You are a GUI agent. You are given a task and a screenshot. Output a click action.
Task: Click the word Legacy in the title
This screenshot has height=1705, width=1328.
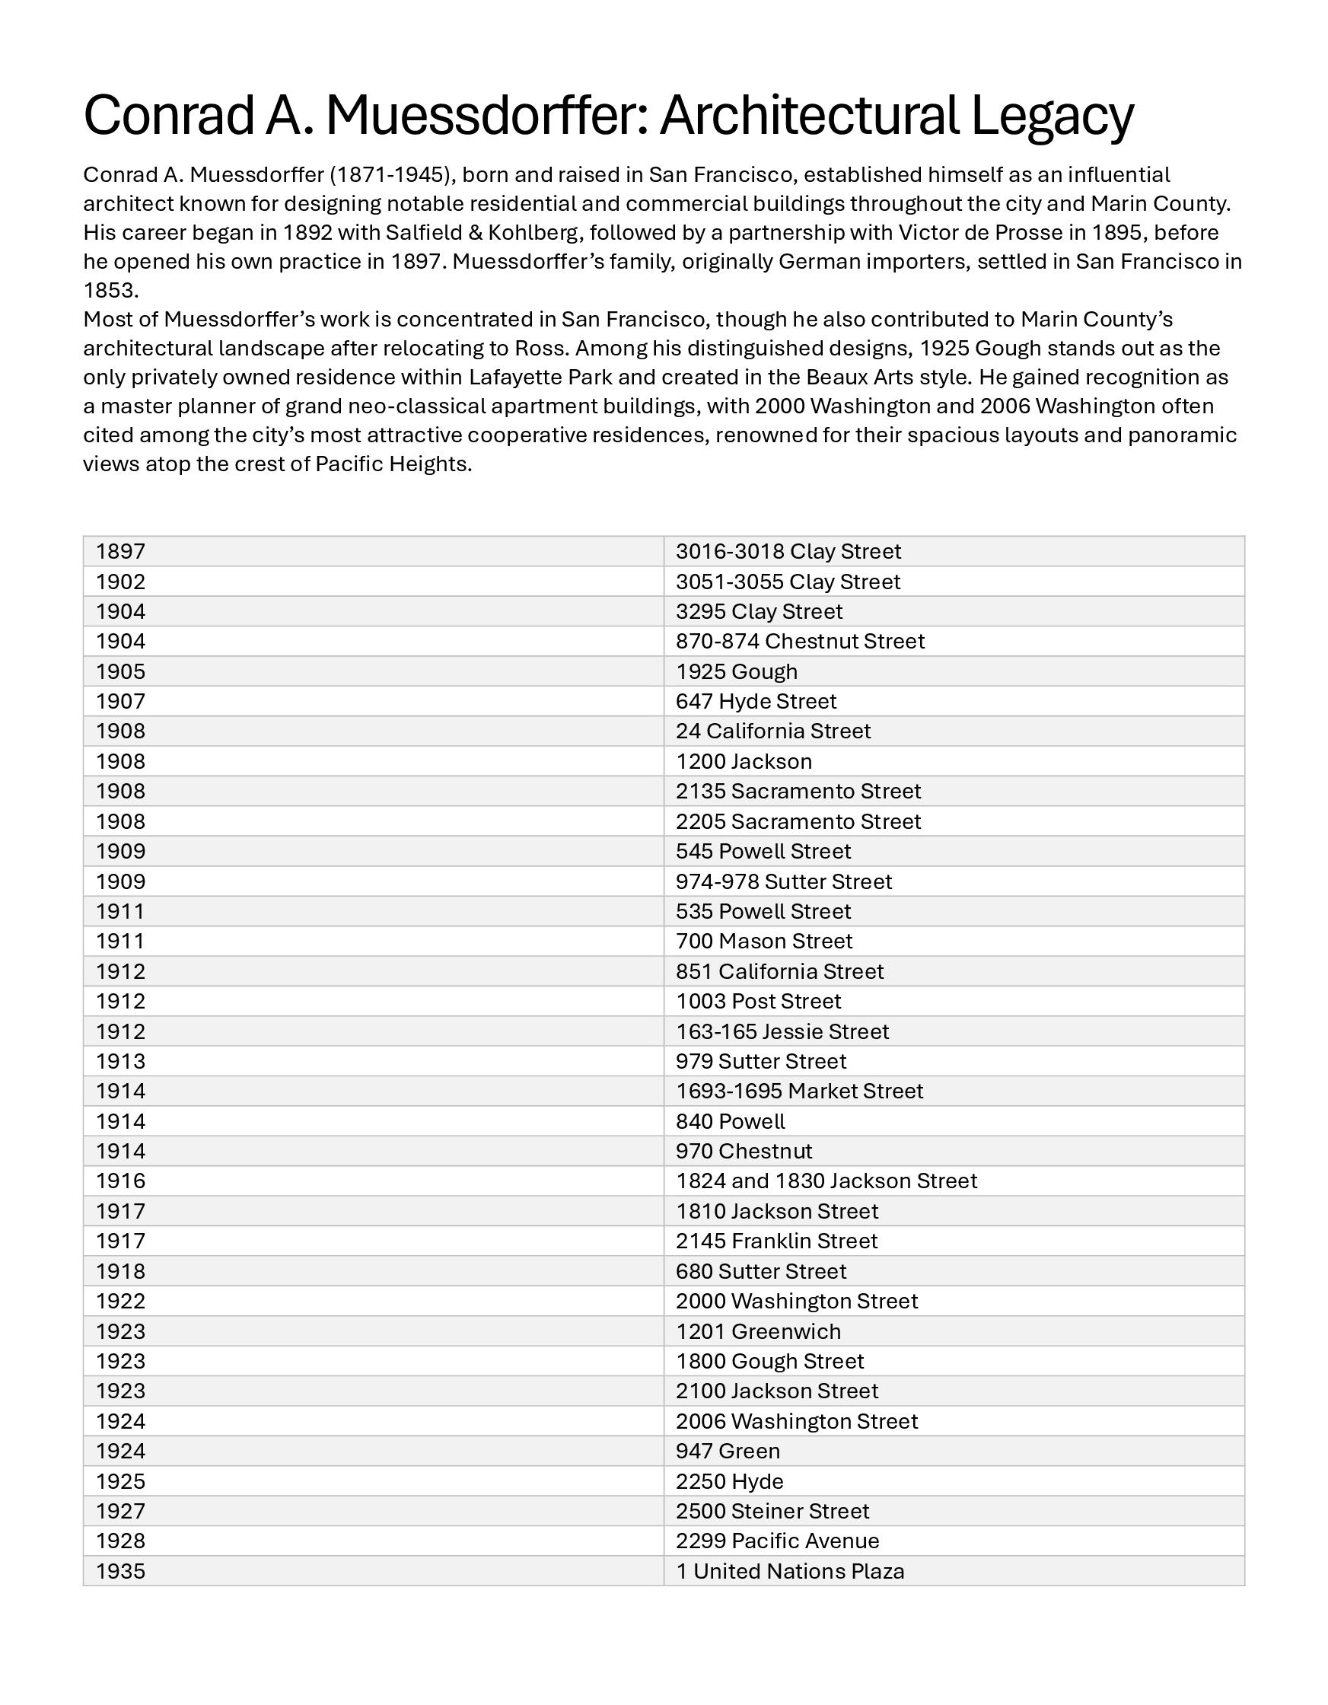1052,116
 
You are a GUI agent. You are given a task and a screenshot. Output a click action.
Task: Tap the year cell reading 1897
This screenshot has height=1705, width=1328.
121,551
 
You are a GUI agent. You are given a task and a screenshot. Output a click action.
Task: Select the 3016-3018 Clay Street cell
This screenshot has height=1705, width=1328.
788,551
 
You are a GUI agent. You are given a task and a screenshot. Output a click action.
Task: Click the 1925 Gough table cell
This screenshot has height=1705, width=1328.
736,671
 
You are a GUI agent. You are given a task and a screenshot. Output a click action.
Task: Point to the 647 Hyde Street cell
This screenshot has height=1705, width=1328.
756,701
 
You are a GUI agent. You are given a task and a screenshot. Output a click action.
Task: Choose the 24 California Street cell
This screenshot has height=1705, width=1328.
773,731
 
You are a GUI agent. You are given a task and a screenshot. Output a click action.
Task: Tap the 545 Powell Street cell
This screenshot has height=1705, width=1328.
763,851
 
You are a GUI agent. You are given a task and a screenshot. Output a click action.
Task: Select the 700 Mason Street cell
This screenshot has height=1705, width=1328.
763,941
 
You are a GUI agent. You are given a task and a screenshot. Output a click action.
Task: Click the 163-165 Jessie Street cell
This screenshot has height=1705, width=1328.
782,1031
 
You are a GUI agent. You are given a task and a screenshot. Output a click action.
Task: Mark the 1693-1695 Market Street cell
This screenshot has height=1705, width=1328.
799,1091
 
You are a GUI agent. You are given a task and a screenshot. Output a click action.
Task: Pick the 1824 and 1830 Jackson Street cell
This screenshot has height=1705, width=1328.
826,1181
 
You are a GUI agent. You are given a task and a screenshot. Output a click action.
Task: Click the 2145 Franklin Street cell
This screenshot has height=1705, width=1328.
776,1241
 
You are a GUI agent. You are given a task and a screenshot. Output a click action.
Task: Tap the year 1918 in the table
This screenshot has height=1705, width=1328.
121,1271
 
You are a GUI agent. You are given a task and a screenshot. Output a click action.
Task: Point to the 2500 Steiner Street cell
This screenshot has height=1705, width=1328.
772,1511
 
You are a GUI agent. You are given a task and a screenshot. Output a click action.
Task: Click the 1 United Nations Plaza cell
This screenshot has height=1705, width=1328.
790,1571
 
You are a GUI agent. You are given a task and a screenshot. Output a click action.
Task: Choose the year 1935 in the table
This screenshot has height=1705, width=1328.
121,1571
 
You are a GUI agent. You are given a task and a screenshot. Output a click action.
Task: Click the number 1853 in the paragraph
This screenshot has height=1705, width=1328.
111,291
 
